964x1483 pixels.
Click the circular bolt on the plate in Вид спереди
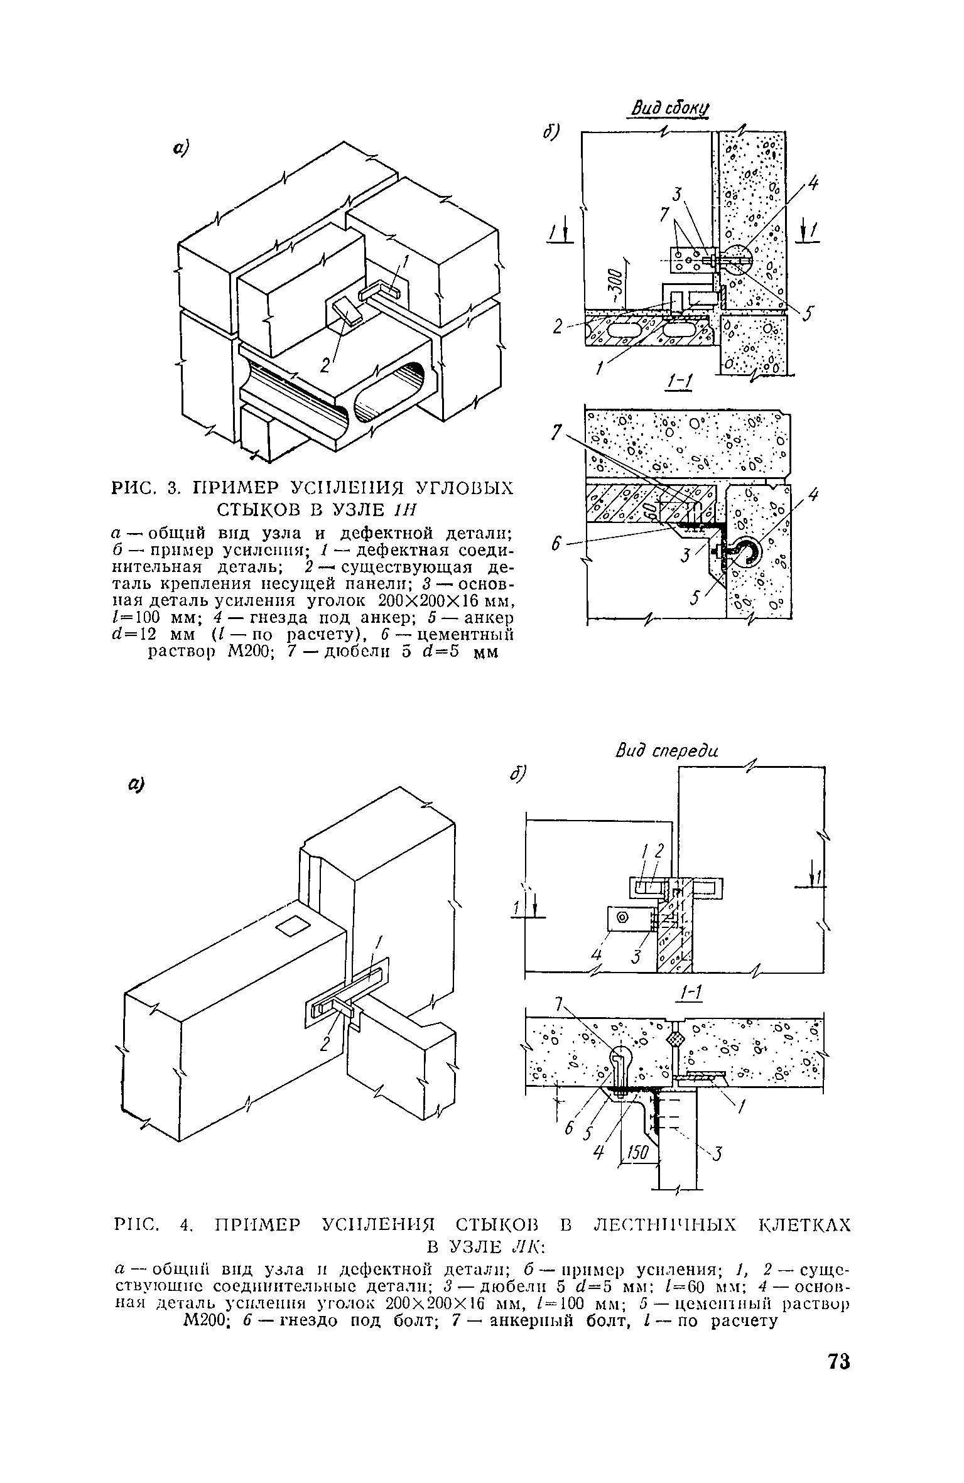click(622, 918)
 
